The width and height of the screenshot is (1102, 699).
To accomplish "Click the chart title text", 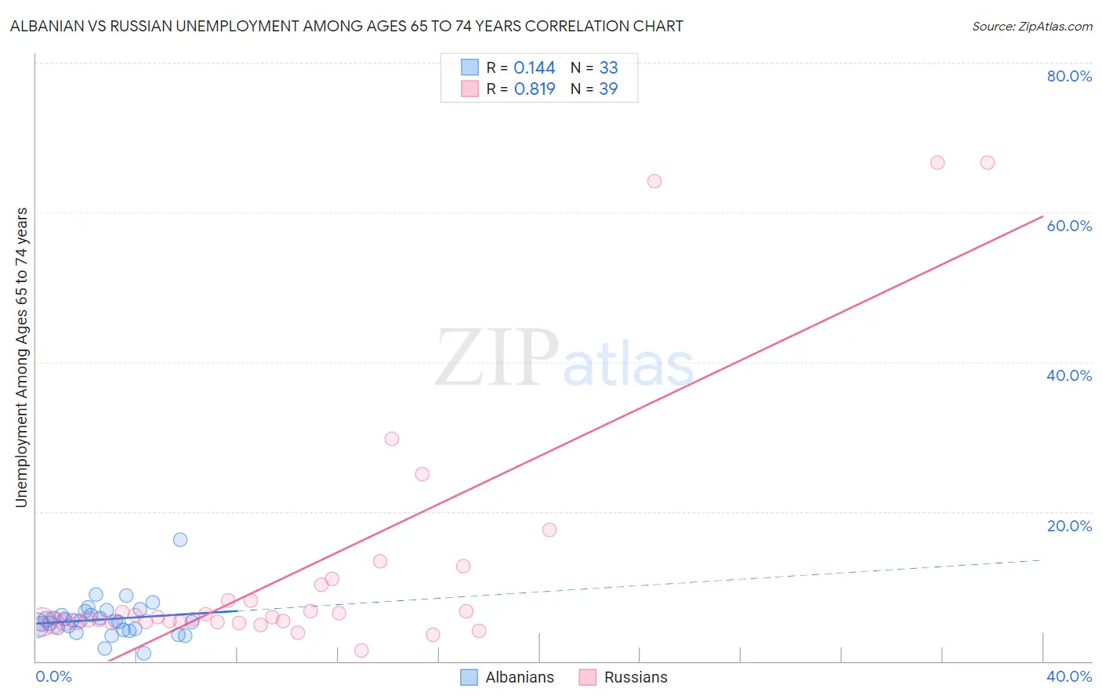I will click(x=346, y=26).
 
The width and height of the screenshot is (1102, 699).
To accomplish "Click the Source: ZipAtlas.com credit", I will click(x=1031, y=26).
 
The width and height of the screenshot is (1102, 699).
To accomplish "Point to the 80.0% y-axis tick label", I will click(x=1069, y=76).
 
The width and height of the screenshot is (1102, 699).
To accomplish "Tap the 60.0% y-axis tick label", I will click(x=1069, y=226).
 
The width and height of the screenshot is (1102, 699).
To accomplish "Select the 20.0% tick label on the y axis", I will click(x=1069, y=526).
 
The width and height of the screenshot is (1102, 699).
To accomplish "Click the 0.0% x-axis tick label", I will click(x=53, y=676).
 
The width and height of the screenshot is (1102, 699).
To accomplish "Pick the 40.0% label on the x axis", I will click(x=1069, y=676).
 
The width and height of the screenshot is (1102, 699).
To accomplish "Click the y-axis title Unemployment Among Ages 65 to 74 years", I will click(x=21, y=357).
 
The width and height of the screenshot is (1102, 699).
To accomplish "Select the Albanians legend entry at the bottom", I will click(x=519, y=677).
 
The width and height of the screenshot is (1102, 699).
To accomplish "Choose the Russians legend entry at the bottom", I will click(x=635, y=677).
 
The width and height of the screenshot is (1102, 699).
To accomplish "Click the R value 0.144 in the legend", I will click(x=534, y=68).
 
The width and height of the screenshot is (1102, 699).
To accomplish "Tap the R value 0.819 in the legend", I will click(x=534, y=89).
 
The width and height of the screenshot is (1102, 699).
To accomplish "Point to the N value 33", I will click(x=608, y=68).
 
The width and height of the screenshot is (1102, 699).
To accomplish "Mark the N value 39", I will click(x=608, y=89).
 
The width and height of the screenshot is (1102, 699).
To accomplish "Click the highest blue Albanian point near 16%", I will click(x=180, y=539).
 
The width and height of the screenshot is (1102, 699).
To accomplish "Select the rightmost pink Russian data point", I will click(x=988, y=162).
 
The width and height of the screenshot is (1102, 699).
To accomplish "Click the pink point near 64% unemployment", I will click(x=654, y=181).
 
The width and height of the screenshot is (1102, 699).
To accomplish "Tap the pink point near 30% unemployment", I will click(x=392, y=439).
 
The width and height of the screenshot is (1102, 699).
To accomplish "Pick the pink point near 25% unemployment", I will click(x=422, y=474).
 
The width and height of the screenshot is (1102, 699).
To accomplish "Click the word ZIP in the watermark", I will click(x=496, y=358).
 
